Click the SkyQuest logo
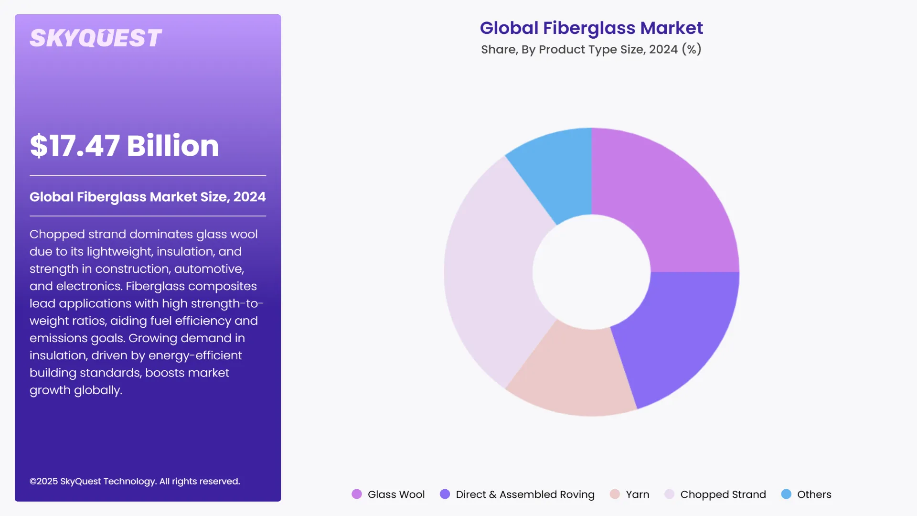pos(96,38)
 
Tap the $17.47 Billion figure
pos(124,146)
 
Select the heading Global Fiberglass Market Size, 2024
pos(148,197)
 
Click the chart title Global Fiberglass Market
pos(591,28)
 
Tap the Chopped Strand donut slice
pos(492,272)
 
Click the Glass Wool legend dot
pos(357,494)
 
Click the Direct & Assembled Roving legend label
pos(525,494)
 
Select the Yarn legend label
pos(637,494)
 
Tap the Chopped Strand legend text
pos(723,494)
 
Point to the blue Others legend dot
pos(786,494)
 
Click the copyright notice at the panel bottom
pos(135,482)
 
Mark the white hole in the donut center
pos(591,272)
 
